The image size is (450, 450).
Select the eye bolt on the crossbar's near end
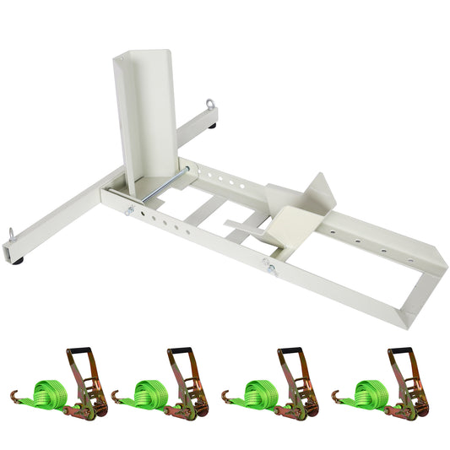[x=12, y=234]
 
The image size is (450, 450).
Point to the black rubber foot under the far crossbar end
[x=216, y=127]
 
